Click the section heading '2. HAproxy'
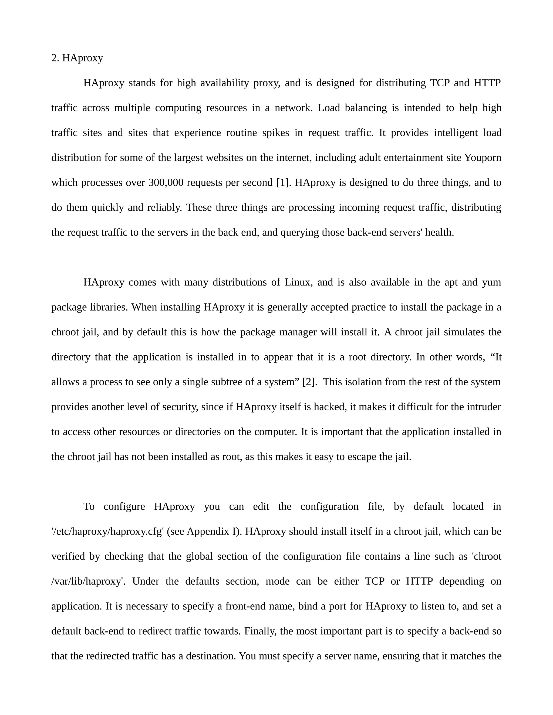77,58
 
